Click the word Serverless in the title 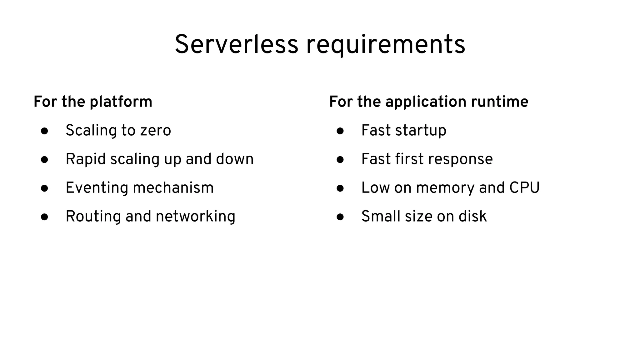(236, 45)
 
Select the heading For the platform (93, 102)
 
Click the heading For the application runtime (429, 102)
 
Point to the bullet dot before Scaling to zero (44, 131)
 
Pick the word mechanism (173, 188)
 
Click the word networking (195, 217)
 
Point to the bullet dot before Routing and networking (44, 217)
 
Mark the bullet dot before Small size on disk (340, 217)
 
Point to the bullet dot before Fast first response (340, 160)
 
